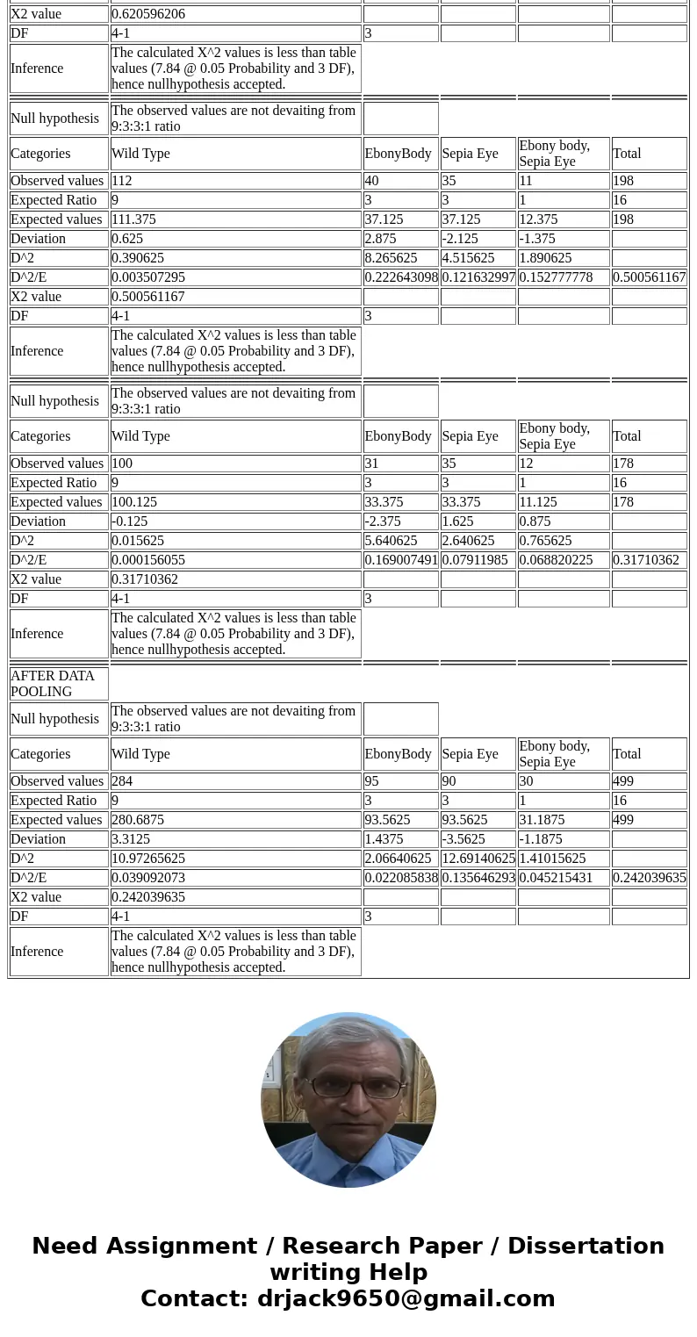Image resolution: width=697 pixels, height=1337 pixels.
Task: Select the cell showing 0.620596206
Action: click(148, 14)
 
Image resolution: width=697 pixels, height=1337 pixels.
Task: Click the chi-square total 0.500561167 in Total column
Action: click(649, 277)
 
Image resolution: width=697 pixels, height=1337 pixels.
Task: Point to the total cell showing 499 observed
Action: click(623, 781)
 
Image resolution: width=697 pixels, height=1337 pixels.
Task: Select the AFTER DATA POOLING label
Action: click(53, 684)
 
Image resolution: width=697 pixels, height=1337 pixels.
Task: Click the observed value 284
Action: click(122, 781)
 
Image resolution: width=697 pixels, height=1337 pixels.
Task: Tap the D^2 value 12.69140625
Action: click(478, 859)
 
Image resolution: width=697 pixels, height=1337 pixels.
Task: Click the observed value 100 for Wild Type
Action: click(122, 464)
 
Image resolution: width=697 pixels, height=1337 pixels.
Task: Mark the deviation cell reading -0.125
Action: click(130, 521)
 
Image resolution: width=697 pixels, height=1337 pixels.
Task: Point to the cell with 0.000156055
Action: click(148, 560)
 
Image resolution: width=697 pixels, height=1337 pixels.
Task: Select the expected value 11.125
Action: click(542, 502)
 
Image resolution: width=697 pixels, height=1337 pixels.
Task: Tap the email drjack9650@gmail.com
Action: click(406, 1299)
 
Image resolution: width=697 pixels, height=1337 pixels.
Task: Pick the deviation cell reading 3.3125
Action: click(130, 839)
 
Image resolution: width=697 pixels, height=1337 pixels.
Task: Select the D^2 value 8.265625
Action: click(391, 258)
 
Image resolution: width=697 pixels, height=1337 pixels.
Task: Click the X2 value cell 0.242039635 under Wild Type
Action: click(148, 897)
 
